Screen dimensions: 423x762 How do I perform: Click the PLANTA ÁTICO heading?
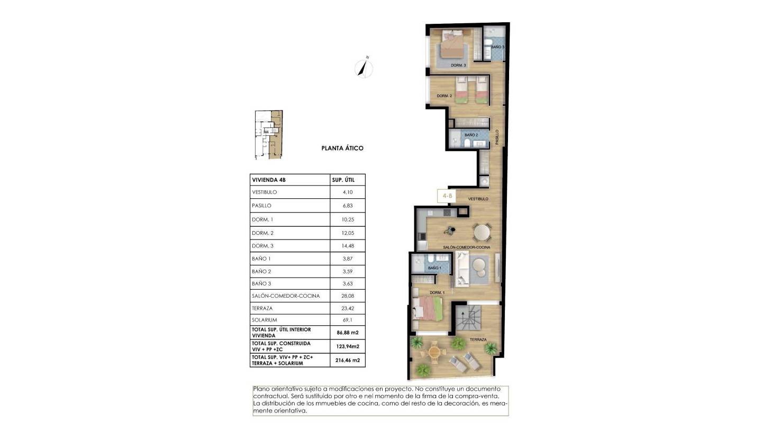[342, 149]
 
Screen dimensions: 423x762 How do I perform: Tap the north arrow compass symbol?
[364, 67]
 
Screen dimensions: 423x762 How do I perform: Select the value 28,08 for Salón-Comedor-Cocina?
[347, 296]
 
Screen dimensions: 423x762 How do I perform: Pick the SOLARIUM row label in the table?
[265, 320]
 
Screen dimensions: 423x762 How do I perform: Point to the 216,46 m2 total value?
[348, 361]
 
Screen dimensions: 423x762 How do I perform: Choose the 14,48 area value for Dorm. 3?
[347, 246]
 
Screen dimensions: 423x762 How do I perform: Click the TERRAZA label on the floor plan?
[478, 340]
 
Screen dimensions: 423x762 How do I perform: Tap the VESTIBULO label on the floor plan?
[478, 199]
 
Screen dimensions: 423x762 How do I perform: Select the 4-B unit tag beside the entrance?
[447, 195]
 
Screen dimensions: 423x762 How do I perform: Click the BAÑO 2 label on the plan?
[471, 135]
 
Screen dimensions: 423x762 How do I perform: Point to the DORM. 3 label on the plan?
[458, 65]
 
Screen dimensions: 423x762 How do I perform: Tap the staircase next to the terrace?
[467, 319]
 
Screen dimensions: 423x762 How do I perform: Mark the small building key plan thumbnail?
[269, 135]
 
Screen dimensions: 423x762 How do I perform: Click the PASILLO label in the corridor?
[497, 137]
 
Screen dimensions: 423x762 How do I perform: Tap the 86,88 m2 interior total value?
[348, 333]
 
